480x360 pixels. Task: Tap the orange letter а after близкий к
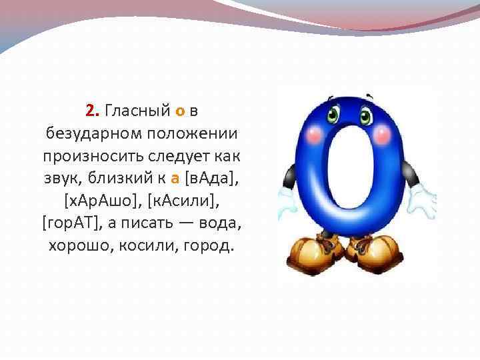(175, 178)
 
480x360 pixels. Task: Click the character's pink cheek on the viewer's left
(311, 135)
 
